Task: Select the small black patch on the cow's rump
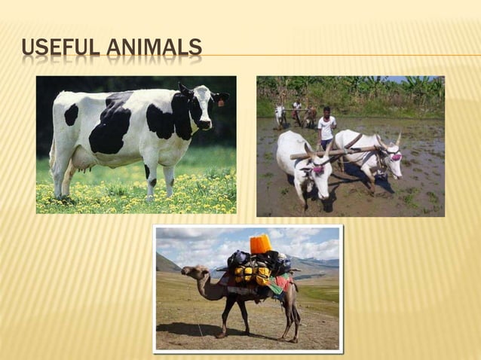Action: [x=72, y=114]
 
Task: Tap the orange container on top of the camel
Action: [x=260, y=244]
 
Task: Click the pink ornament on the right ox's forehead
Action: [x=396, y=157]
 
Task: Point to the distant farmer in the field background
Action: [x=297, y=111]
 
